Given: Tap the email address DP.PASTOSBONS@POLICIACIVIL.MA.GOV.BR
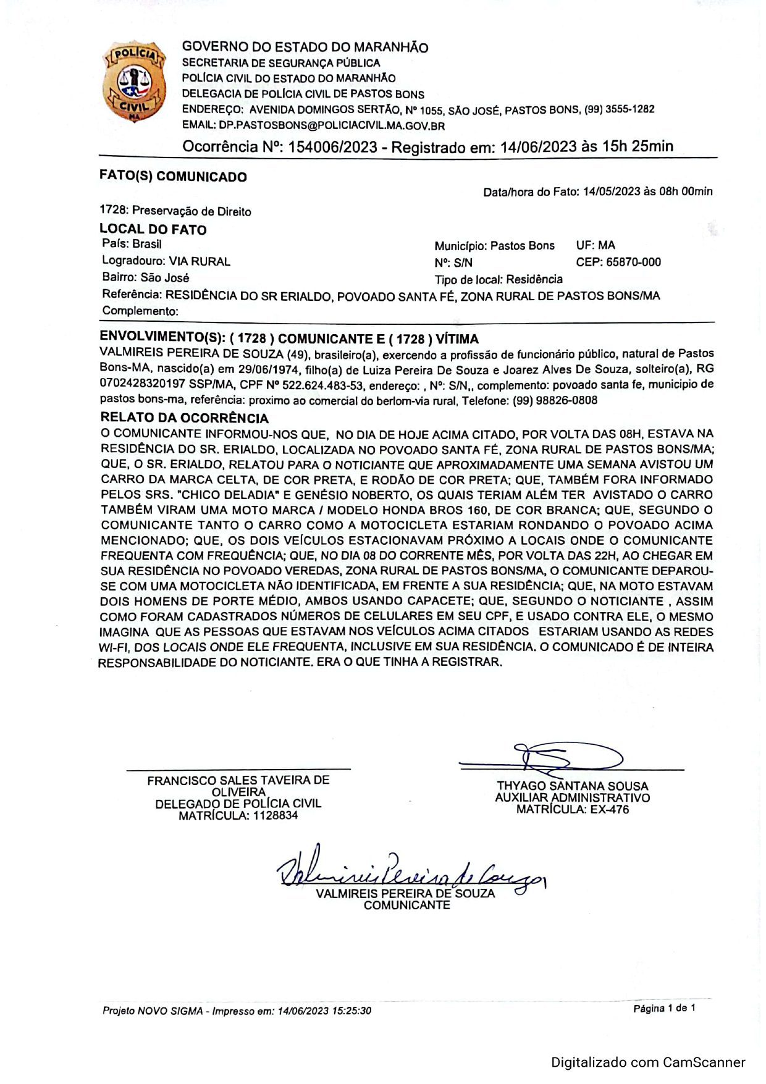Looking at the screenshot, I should pyautogui.click(x=332, y=125).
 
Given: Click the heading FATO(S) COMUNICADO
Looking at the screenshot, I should pyautogui.click(x=173, y=177).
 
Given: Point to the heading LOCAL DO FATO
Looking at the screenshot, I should pyautogui.click(x=153, y=230).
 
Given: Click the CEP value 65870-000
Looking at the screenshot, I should pyautogui.click(x=633, y=262).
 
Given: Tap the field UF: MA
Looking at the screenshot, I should pyautogui.click(x=596, y=245).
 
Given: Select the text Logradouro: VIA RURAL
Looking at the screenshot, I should pyautogui.click(x=166, y=261).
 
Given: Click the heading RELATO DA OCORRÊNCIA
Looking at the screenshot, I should pyautogui.click(x=184, y=418).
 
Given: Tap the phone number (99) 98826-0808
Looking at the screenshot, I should pyautogui.click(x=555, y=400).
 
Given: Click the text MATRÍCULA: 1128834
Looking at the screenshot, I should pyautogui.click(x=238, y=815).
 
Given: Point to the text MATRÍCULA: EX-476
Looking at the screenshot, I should pyautogui.click(x=573, y=809).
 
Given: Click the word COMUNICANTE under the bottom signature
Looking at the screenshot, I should pyautogui.click(x=407, y=905).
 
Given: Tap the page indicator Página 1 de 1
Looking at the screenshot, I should pyautogui.click(x=664, y=1008).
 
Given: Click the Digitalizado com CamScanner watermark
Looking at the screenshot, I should pyautogui.click(x=648, y=1062).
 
